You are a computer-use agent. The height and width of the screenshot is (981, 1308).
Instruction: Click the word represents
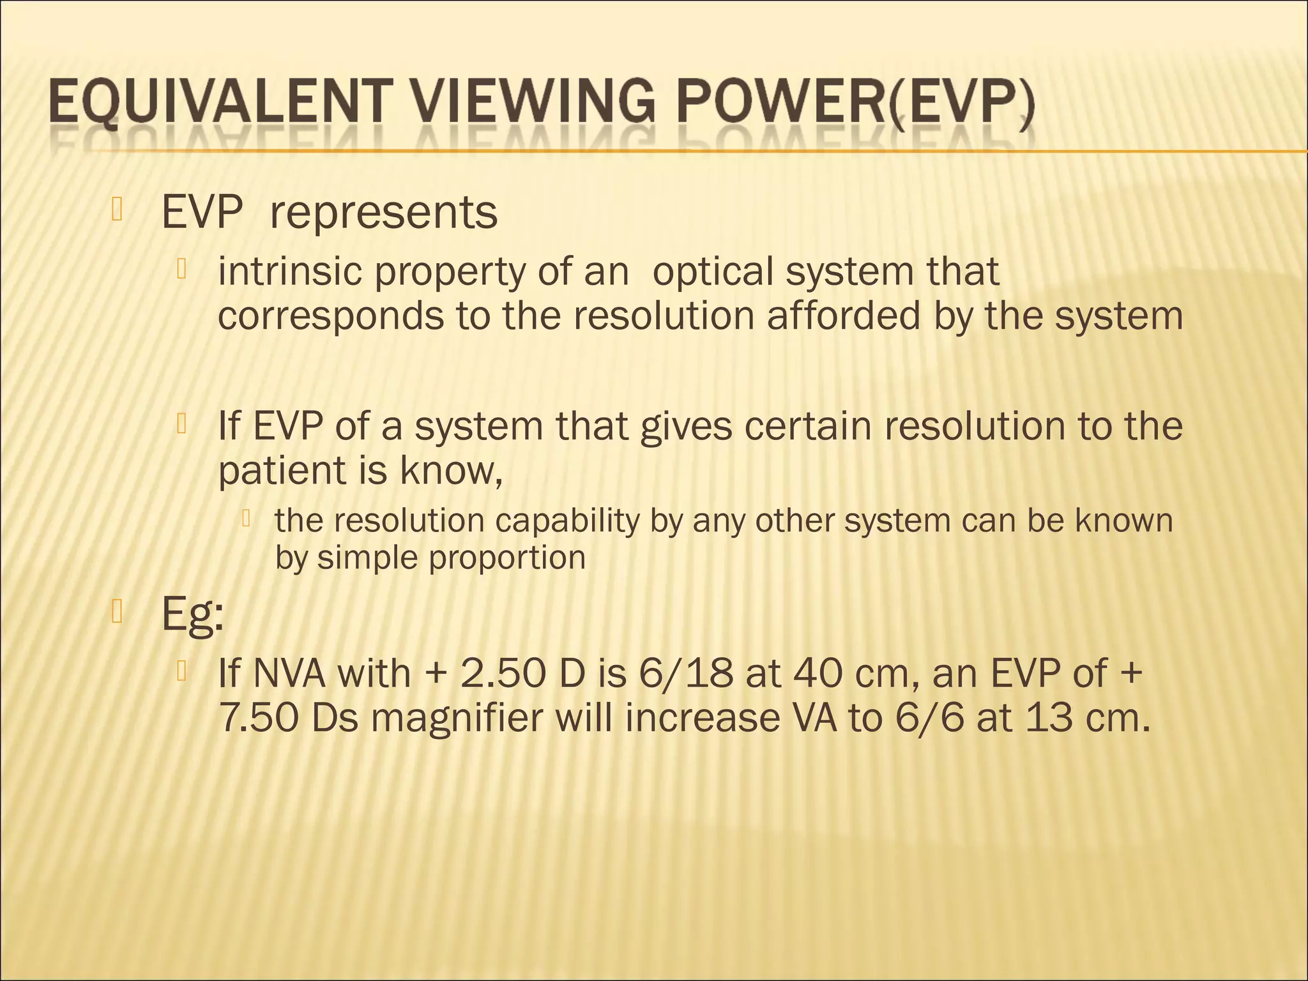(x=383, y=213)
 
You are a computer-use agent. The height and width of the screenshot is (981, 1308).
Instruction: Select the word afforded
(x=844, y=316)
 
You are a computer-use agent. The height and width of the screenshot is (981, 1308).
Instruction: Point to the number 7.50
(x=259, y=719)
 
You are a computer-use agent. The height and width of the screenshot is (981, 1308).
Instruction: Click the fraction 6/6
(x=933, y=719)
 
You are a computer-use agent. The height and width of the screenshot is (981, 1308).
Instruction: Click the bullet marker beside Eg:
(x=116, y=611)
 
